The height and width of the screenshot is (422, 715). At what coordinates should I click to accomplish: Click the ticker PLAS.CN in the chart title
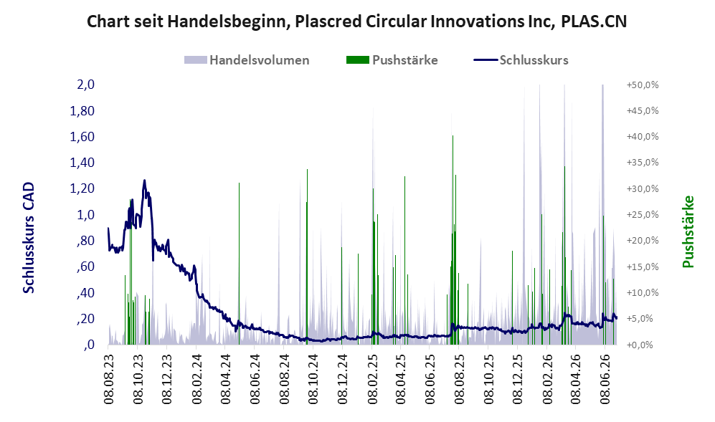[594, 21]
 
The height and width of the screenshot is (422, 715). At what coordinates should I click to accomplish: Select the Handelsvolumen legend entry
[247, 60]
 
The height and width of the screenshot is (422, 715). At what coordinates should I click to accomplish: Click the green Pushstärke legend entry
[392, 60]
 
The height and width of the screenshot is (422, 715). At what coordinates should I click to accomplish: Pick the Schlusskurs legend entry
[521, 60]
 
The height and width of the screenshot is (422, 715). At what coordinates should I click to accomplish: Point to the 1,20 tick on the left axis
[82, 188]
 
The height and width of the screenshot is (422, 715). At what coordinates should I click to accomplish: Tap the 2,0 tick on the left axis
[86, 85]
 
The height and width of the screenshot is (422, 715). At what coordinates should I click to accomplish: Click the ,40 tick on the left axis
[85, 292]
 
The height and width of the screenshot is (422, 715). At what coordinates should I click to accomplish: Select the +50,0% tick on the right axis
[643, 85]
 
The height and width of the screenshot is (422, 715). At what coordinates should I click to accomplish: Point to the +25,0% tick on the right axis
[643, 215]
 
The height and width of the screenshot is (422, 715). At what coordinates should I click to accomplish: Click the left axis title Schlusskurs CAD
[28, 238]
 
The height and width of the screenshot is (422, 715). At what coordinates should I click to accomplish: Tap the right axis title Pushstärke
[688, 231]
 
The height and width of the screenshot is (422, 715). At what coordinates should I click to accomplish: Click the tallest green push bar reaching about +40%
[453, 240]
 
